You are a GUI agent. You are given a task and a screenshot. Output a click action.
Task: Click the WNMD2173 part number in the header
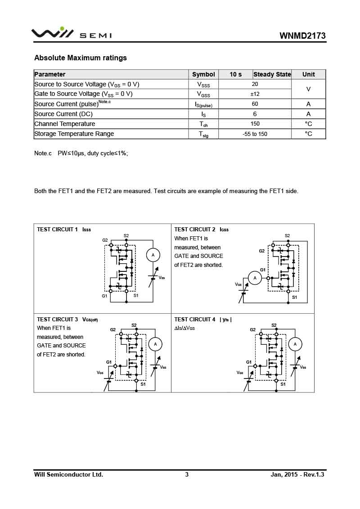(x=302, y=36)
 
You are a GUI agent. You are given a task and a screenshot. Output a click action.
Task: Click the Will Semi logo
(x=72, y=34)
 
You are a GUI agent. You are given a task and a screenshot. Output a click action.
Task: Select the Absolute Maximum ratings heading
(x=81, y=58)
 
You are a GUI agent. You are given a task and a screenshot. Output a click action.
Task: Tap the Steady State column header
(x=272, y=74)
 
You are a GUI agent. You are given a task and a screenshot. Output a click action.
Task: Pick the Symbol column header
(x=203, y=74)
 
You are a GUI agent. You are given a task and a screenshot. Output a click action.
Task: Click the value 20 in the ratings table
(x=255, y=84)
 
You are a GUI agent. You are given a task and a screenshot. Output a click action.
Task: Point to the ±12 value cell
(x=255, y=94)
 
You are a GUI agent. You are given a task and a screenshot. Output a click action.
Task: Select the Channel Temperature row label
(x=65, y=124)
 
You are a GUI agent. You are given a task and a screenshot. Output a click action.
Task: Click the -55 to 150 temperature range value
(x=255, y=134)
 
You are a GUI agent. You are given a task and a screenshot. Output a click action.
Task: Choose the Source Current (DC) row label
(x=63, y=114)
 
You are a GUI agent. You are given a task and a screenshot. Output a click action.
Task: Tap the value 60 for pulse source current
(x=255, y=104)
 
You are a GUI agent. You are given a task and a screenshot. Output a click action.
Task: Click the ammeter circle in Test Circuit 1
(x=153, y=255)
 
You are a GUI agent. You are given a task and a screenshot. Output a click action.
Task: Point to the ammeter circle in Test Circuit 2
(x=255, y=278)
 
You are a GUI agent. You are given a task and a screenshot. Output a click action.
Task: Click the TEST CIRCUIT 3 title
(x=58, y=320)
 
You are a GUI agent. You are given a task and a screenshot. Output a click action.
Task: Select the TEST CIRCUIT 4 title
(x=195, y=320)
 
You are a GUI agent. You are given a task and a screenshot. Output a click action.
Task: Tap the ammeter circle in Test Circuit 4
(x=295, y=344)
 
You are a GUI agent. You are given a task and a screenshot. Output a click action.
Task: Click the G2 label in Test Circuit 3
(x=113, y=330)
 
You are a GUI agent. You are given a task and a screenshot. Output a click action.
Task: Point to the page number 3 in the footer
(x=187, y=474)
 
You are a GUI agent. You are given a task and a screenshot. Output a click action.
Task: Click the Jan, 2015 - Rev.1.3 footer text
(x=297, y=474)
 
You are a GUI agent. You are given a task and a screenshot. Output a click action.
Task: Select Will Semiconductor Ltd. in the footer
(x=69, y=474)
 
